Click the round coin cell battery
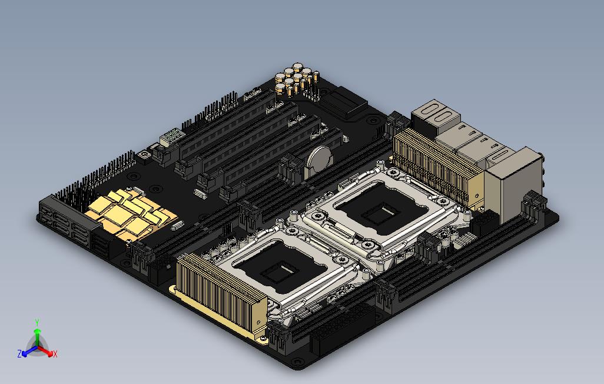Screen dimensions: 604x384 [x=319, y=158]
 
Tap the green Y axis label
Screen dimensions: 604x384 [x=37, y=322]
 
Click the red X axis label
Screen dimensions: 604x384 [x=55, y=353]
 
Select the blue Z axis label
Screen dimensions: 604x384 [x=19, y=353]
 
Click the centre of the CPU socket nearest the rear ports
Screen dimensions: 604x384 [x=381, y=207]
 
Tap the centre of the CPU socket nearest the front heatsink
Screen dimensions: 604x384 [x=283, y=266]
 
